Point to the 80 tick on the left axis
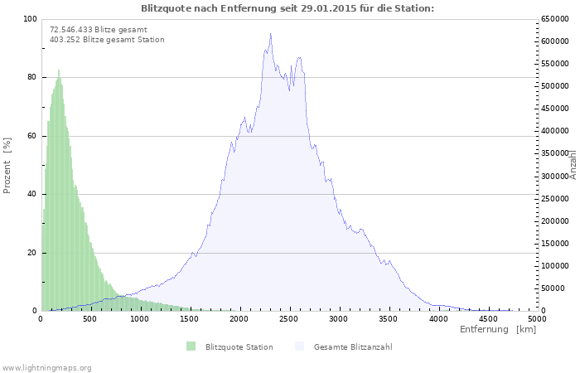pos(31,77)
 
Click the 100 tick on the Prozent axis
pos(30,19)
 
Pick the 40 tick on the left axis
pos(31,194)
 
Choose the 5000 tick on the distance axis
pos(537,319)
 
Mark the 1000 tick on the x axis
pos(139,319)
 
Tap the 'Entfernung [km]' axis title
pos(498,330)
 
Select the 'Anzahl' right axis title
pos(573,165)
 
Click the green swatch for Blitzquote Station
pos(191,346)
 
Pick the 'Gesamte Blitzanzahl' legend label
pos(353,346)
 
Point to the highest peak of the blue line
pos(270,34)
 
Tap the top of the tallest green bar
pos(59,70)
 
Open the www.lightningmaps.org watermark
pos(46,367)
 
